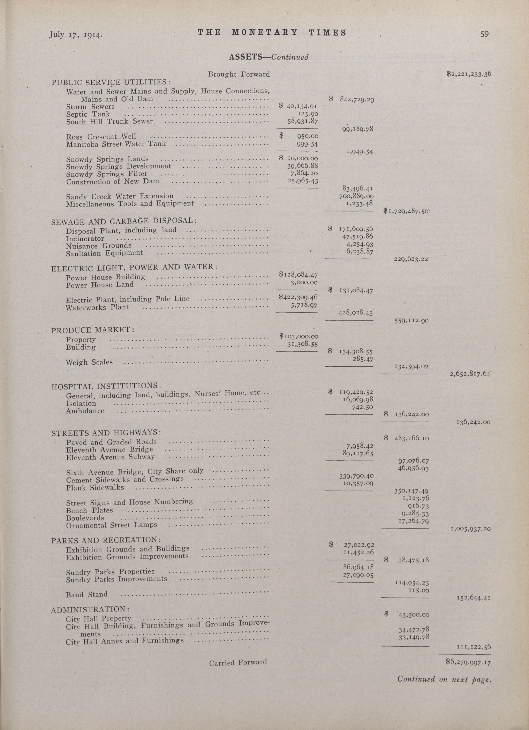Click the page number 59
pos(484,34)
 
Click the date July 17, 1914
pos(75,34)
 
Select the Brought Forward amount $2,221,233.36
pos(468,74)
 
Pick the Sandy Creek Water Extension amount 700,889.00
pos(356,196)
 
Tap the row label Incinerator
pos(85,238)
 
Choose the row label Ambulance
pos(85,411)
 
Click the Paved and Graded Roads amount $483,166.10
pos(406,438)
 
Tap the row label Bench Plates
pos(90,510)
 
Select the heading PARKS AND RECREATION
pos(106,540)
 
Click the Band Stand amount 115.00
pos(418,590)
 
